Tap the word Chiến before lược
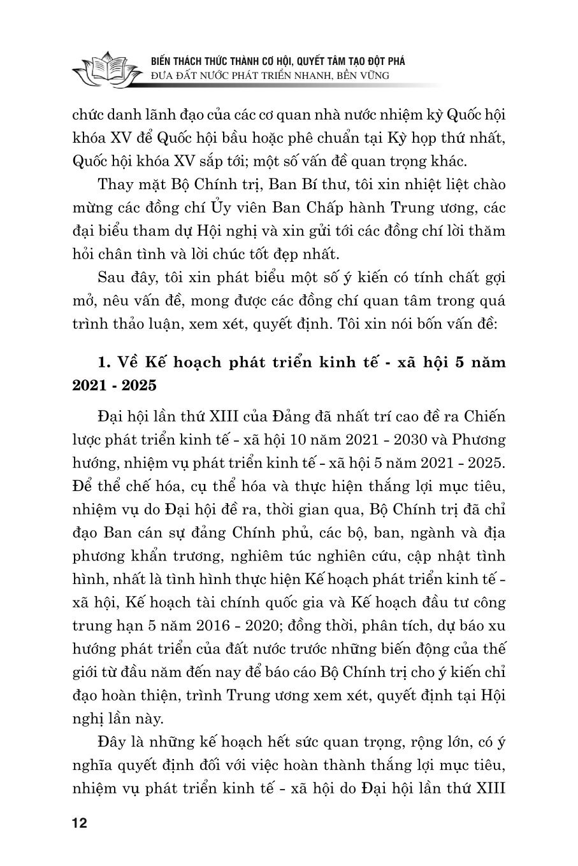pyautogui.click(x=483, y=417)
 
